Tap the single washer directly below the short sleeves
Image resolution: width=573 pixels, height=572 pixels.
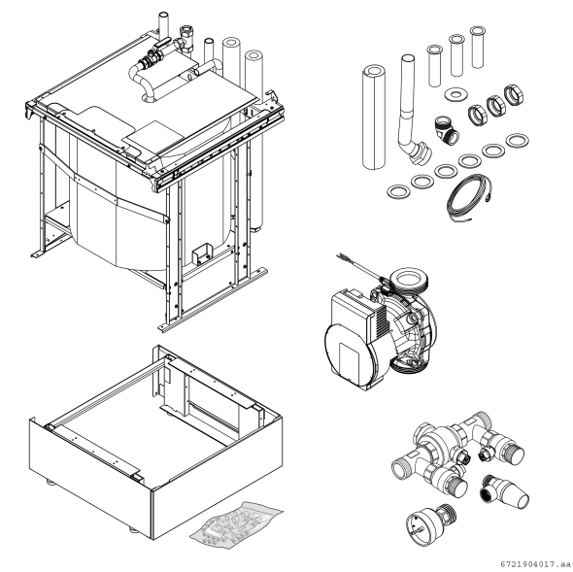455,95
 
